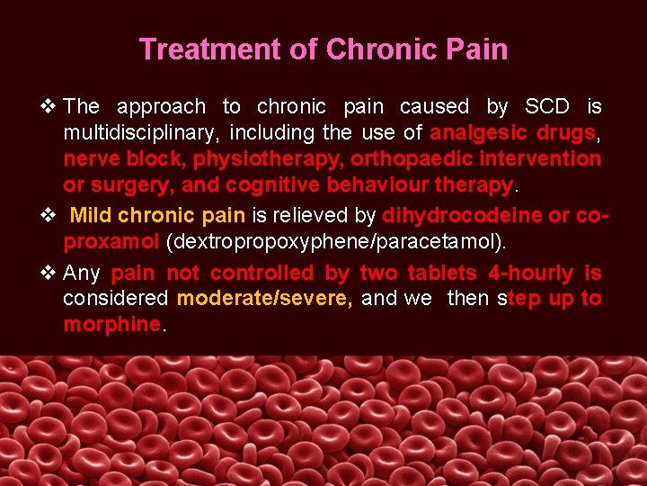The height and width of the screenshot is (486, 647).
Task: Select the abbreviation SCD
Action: point(546,107)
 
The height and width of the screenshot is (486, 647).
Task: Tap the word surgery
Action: point(141,185)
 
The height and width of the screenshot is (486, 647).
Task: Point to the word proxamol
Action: point(111,242)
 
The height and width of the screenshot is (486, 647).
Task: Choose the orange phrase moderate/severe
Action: point(264,299)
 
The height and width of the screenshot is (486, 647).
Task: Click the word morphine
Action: point(111,325)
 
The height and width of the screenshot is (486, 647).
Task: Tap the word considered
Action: point(115,299)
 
